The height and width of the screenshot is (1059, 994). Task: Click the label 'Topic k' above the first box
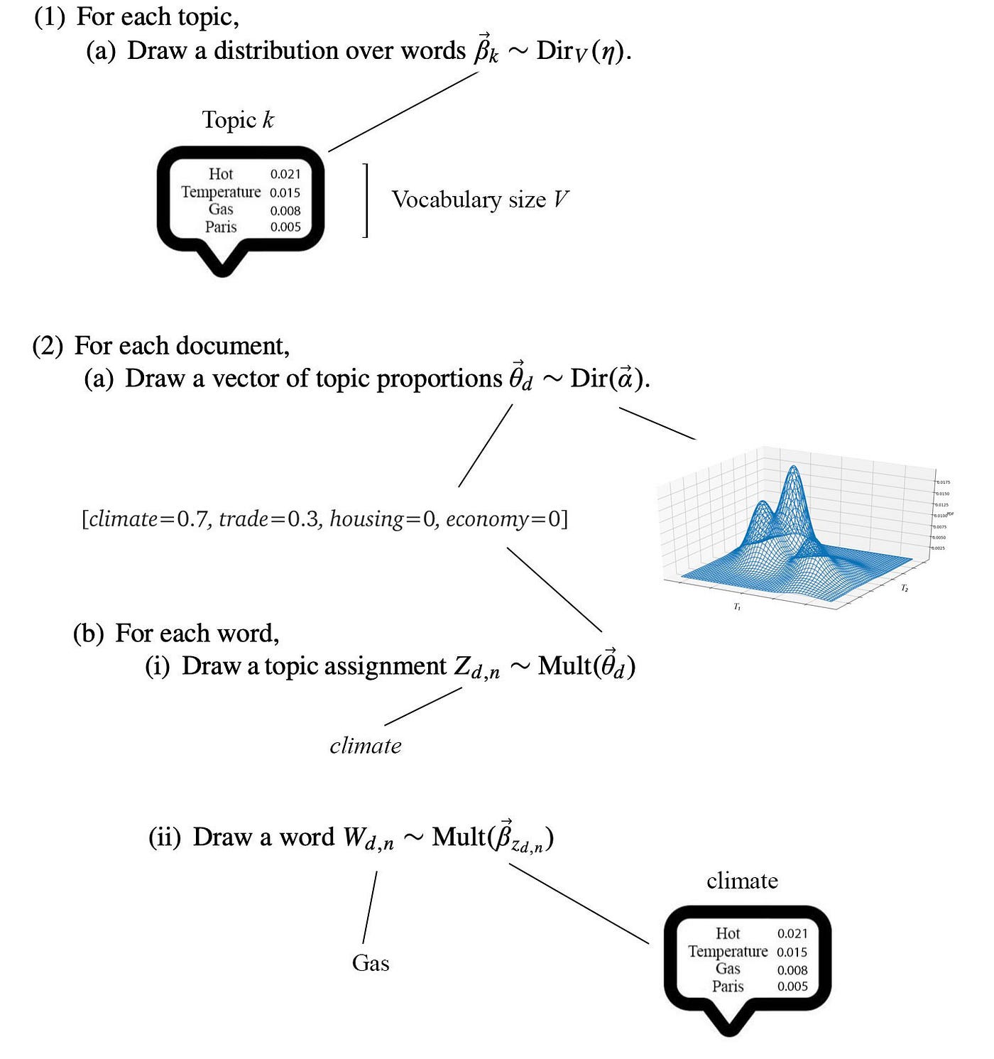point(238,120)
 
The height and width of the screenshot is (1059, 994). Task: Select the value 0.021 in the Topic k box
point(285,174)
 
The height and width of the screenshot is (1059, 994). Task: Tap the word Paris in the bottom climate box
point(728,986)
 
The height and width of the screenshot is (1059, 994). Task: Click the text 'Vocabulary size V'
point(480,200)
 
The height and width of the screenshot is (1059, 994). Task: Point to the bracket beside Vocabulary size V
point(366,200)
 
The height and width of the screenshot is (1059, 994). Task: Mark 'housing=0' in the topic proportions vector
point(383,519)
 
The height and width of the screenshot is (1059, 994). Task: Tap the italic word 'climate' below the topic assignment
point(366,746)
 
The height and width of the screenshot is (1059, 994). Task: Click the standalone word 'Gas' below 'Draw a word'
point(371,963)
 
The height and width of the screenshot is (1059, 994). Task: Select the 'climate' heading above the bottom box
point(742,881)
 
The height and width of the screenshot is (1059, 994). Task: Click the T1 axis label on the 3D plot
point(737,607)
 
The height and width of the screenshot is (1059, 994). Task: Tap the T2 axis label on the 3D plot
point(905,588)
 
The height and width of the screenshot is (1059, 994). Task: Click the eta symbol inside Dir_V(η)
point(607,53)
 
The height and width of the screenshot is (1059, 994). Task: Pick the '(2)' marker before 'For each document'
point(48,346)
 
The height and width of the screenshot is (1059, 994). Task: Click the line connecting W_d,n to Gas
point(369,908)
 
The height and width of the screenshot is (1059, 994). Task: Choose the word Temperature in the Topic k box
point(221,192)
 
